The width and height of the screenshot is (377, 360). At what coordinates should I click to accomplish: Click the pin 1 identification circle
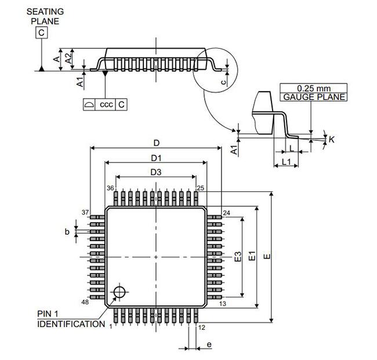pos(120,291)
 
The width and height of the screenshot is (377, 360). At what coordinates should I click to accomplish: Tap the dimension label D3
pos(155,172)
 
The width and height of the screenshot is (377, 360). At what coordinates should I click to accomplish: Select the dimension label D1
pos(155,158)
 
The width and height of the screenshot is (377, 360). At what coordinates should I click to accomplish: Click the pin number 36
pos(110,188)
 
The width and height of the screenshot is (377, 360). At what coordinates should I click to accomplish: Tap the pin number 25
pos(201,188)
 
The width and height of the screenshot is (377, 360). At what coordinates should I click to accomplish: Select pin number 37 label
pos(85,212)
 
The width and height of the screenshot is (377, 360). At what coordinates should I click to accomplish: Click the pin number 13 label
pos(222,304)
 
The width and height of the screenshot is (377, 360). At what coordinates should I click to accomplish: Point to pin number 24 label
pos(226,213)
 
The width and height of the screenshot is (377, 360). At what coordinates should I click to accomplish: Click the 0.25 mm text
pos(313,88)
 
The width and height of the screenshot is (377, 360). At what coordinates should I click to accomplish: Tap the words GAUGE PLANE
pos(313,97)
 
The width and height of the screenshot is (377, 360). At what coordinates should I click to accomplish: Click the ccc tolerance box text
pos(106,104)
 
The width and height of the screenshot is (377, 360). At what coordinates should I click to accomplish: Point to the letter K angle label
pos(331,139)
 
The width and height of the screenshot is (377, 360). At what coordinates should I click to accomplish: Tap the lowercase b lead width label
pos(67,232)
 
